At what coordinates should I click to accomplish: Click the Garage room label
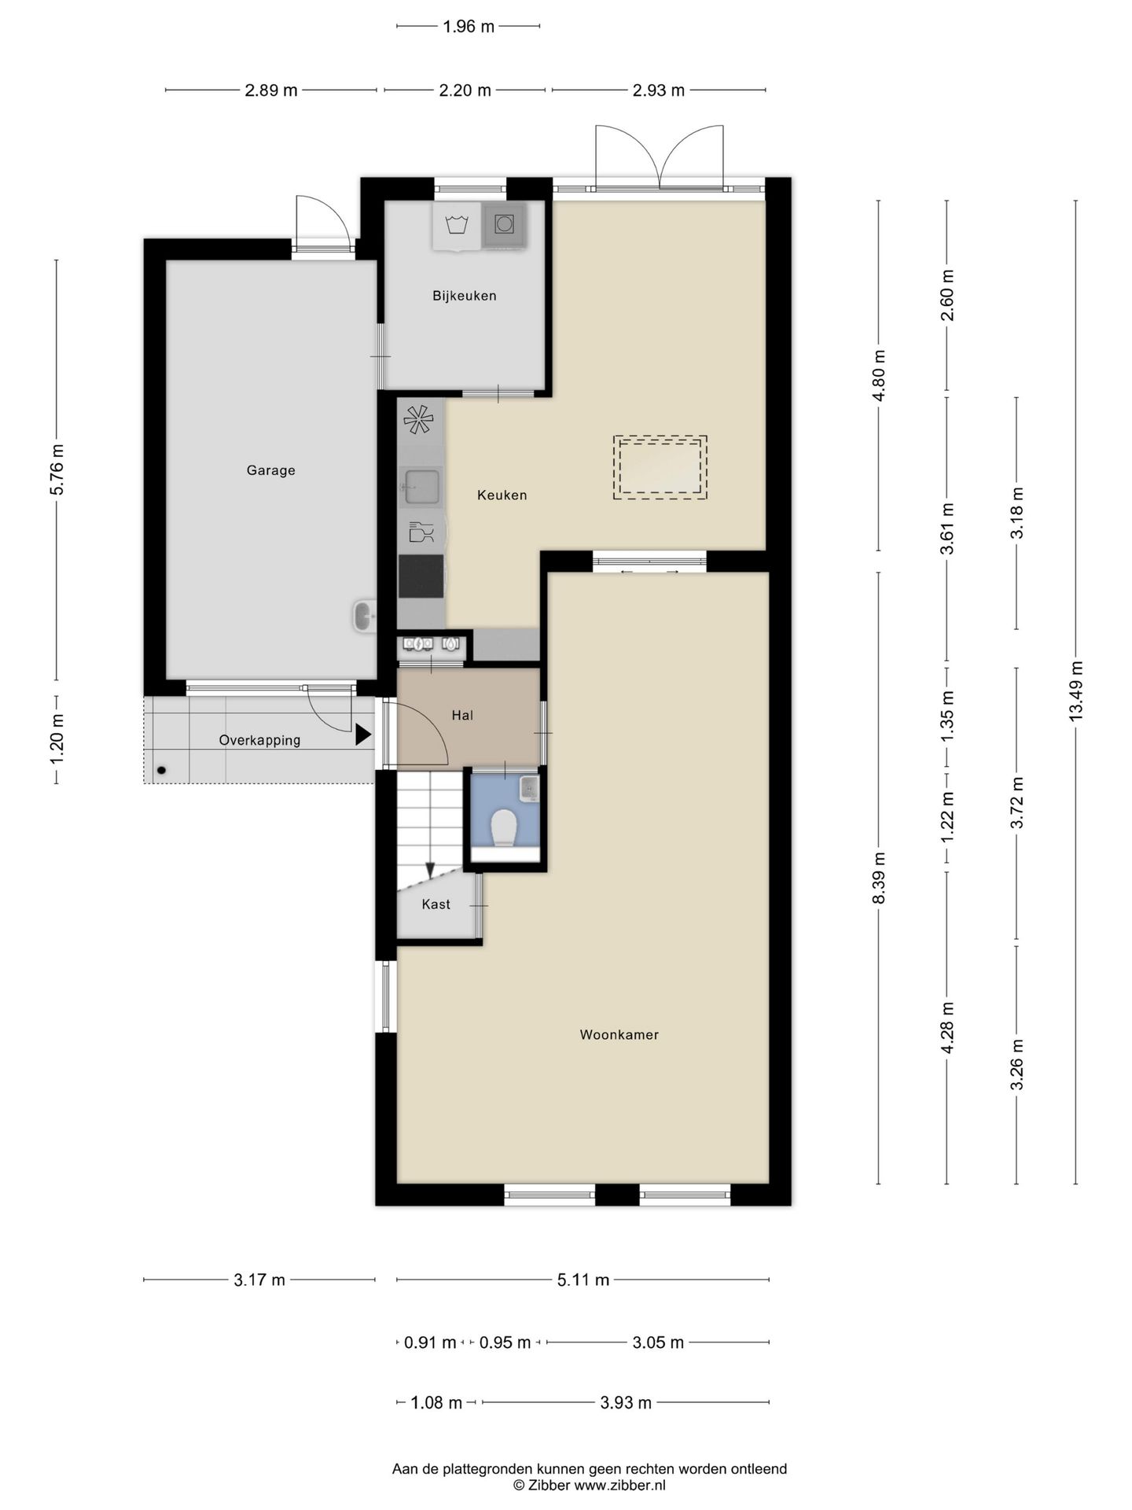(270, 470)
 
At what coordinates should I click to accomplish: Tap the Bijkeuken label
(464, 296)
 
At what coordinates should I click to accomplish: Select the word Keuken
(502, 495)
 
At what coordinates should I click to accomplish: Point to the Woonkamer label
(619, 1034)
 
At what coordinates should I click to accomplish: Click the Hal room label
(462, 715)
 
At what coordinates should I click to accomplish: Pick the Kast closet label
(436, 904)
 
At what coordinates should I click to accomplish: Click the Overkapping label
(259, 740)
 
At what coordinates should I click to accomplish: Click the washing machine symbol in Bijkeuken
(456, 226)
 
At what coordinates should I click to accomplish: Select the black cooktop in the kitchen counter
(421, 576)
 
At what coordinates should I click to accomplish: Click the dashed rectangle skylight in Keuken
(660, 467)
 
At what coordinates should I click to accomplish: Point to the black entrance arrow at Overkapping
(362, 735)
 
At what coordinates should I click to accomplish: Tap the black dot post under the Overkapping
(161, 771)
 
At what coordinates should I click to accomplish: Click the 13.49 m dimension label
(1075, 690)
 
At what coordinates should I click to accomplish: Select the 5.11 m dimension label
(583, 1280)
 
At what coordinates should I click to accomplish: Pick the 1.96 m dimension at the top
(469, 27)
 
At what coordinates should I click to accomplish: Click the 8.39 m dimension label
(879, 878)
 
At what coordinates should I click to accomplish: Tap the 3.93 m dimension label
(626, 1402)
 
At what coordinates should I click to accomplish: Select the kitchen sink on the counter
(421, 485)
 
